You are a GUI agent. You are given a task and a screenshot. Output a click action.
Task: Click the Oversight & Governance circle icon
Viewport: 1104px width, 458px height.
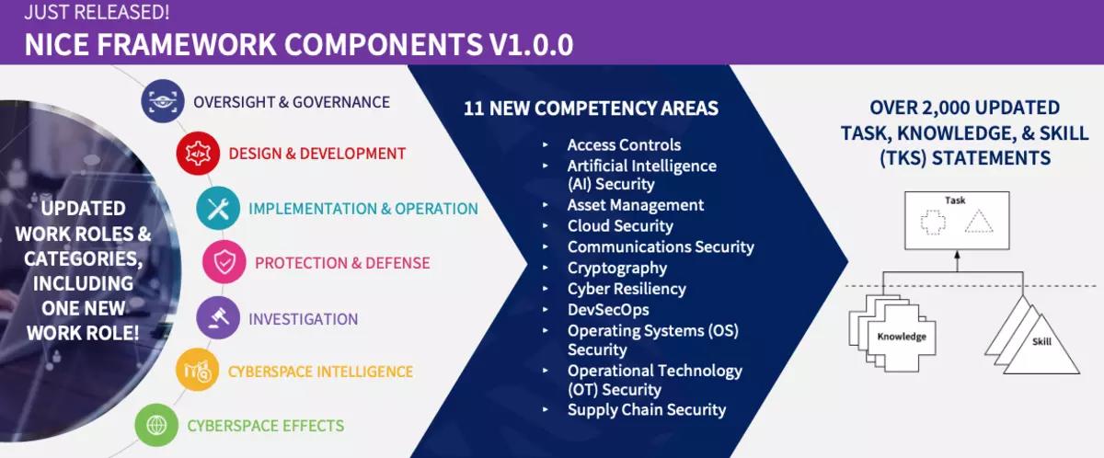pos(163,102)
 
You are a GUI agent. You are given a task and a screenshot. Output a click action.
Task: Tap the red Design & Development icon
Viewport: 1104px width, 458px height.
pos(198,154)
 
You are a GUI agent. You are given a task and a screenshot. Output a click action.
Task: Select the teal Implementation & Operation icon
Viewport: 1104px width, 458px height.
pos(218,209)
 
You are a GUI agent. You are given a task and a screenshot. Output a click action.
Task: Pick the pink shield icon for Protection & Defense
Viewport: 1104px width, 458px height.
pos(224,263)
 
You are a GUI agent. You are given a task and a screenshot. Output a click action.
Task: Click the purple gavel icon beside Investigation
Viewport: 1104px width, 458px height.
pos(218,318)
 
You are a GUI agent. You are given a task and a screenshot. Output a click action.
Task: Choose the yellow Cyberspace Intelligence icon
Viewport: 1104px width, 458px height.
pos(198,372)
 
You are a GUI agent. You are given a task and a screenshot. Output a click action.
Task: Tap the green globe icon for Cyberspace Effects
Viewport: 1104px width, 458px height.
pos(157,426)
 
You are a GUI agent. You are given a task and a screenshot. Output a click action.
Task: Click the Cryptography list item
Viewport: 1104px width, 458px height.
pos(616,268)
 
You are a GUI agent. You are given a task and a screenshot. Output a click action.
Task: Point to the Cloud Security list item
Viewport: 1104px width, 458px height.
pos(620,225)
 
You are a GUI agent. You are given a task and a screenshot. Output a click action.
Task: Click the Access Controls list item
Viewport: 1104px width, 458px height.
pos(624,144)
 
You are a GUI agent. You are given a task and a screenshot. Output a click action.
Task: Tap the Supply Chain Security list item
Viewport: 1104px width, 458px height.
pos(646,409)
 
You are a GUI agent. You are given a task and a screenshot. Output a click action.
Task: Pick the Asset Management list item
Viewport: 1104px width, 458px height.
pos(635,205)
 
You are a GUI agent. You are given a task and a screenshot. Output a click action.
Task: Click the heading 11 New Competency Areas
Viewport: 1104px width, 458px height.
pos(591,108)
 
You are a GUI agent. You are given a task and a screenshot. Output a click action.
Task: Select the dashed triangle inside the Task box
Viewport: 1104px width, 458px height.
pos(980,221)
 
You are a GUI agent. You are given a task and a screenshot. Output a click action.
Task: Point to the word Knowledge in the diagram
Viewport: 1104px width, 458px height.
pos(901,337)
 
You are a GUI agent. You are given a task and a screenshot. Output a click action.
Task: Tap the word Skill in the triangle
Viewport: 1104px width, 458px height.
pos(1041,341)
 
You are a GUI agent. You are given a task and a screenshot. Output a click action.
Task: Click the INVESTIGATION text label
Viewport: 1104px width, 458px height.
pos(303,319)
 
